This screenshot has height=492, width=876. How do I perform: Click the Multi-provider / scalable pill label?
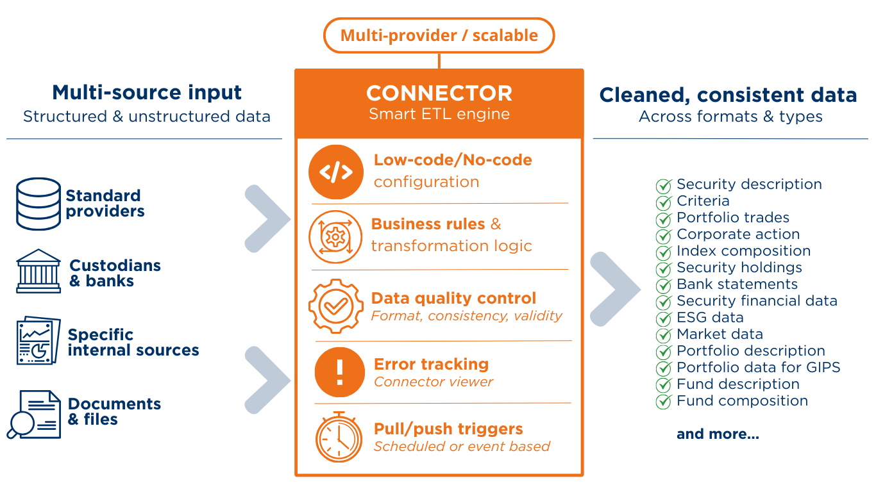(439, 35)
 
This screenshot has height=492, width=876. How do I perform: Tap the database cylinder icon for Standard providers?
(38, 204)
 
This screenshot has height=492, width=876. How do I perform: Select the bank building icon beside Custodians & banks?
(38, 271)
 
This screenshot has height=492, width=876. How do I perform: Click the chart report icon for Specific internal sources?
(38, 340)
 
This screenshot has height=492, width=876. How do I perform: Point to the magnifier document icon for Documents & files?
(34, 414)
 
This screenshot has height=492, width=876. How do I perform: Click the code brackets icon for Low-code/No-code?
(336, 172)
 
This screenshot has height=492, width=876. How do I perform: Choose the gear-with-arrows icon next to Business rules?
(335, 237)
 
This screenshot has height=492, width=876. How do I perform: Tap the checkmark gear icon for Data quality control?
(336, 306)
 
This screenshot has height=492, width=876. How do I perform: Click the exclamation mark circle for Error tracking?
(339, 372)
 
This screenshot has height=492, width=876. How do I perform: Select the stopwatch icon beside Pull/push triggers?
(339, 437)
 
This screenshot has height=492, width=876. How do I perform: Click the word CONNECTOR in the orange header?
(439, 93)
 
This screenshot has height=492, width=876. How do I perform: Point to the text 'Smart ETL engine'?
(439, 114)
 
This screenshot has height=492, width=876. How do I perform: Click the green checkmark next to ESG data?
(664, 318)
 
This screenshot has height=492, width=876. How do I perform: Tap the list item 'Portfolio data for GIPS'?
(758, 367)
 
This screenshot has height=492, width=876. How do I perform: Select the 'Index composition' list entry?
(743, 251)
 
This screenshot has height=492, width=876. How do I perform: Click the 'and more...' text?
(718, 434)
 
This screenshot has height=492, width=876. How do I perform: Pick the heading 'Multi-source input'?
(147, 93)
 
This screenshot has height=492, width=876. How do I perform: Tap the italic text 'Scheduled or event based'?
(462, 447)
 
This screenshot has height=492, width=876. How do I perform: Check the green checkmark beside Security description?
(664, 185)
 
